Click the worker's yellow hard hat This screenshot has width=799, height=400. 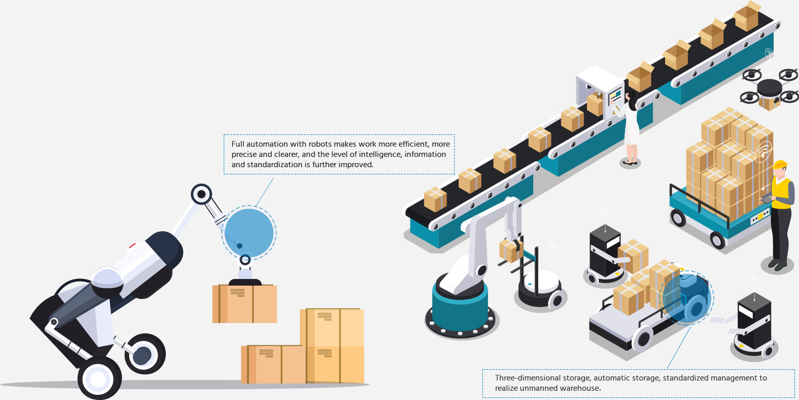pyautogui.click(x=779, y=164)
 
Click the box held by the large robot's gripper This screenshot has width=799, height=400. pyautogui.click(x=244, y=303)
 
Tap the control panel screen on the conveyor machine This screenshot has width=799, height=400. pyautogui.click(x=615, y=95)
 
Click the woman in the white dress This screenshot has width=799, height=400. pyautogui.click(x=631, y=128)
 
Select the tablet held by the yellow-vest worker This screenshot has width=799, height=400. pyautogui.click(x=766, y=198)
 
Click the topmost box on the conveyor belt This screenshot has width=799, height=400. pyautogui.click(x=747, y=16)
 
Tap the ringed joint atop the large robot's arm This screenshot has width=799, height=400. pyautogui.click(x=201, y=194)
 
